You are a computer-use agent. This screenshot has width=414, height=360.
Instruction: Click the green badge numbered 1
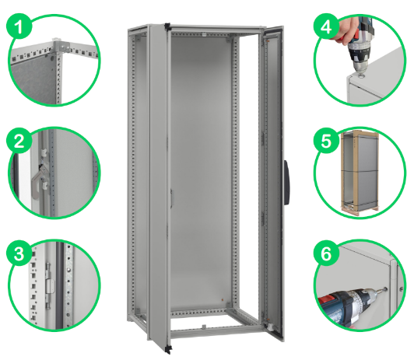pos(19,26)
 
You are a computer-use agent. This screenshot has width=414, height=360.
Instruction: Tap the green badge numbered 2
pos(19,140)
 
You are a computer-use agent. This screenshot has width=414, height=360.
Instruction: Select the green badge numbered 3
pos(19,253)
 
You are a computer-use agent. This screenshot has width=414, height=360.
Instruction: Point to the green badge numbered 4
pos(327,26)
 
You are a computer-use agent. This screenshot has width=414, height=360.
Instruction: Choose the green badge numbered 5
pos(327,140)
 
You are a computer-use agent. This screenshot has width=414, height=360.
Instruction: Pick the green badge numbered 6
pos(327,253)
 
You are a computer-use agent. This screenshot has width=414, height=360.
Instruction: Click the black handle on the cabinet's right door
pos(287,182)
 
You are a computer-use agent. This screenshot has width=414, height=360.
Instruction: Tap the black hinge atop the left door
pos(167,26)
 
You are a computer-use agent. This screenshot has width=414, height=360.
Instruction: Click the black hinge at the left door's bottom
pos(167,349)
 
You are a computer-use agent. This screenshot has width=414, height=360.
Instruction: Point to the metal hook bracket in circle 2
pos(39,180)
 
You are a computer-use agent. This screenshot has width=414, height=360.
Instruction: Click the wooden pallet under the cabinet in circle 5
pos(360,211)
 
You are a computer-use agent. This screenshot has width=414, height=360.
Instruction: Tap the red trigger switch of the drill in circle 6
pos(325,300)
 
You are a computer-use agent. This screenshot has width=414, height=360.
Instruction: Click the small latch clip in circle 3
pos(49,286)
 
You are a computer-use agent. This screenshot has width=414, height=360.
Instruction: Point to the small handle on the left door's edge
pos(171,197)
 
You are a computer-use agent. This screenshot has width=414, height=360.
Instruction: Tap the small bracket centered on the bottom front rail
pos(204,327)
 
